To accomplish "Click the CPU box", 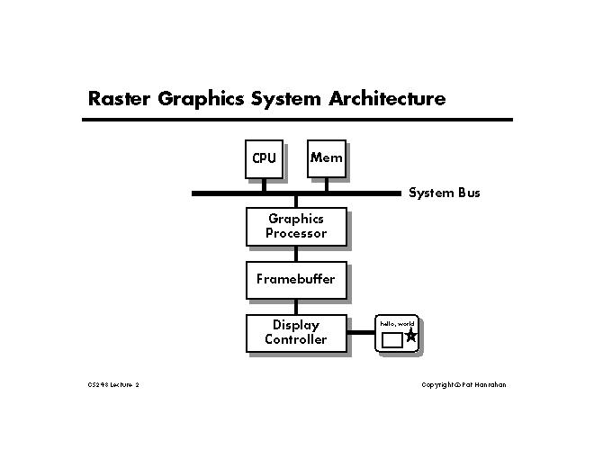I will click(264, 158).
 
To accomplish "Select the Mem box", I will click(326, 158).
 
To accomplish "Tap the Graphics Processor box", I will click(295, 226).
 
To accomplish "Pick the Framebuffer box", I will click(295, 279).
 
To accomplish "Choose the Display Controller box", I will click(295, 332).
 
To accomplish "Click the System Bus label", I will click(445, 193).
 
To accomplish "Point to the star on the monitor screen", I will click(411, 336).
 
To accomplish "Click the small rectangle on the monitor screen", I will click(391, 340).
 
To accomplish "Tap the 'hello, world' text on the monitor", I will click(397, 322).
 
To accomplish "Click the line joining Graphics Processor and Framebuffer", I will click(295, 254).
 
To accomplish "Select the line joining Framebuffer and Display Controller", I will click(295, 306).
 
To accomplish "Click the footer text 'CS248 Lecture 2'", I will click(113, 385).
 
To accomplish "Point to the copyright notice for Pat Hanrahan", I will click(464, 385).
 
